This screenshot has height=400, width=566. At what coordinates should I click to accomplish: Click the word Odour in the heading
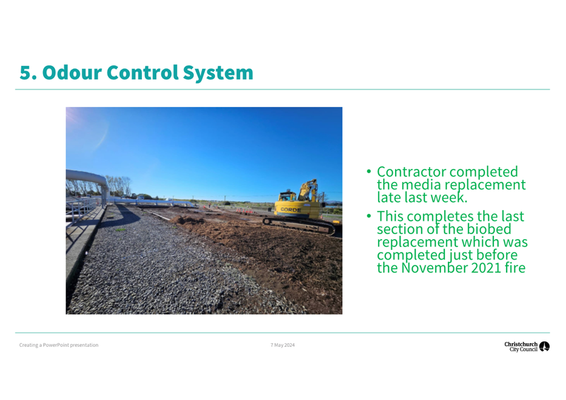tap(72, 73)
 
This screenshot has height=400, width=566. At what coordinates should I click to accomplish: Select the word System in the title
tap(218, 73)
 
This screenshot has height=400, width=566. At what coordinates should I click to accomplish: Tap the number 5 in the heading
tap(26, 73)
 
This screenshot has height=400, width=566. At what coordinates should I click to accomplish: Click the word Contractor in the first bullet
tap(411, 172)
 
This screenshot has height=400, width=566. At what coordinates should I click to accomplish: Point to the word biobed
tap(489, 229)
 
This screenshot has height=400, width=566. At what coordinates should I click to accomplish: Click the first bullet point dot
tap(368, 171)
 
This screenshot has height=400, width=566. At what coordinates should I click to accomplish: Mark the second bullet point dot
tap(368, 216)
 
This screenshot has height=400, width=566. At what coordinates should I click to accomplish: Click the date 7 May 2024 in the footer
tap(282, 345)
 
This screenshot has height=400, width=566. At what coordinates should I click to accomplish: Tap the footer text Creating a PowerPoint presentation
tap(59, 345)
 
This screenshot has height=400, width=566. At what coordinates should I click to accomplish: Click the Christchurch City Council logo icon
tap(544, 346)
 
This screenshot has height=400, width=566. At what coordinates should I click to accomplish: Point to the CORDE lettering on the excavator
tap(291, 209)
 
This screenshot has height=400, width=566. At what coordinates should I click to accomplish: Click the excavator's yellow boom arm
tap(308, 189)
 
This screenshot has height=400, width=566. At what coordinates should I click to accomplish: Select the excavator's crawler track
tap(299, 225)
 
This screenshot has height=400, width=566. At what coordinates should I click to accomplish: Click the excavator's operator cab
tap(287, 197)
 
